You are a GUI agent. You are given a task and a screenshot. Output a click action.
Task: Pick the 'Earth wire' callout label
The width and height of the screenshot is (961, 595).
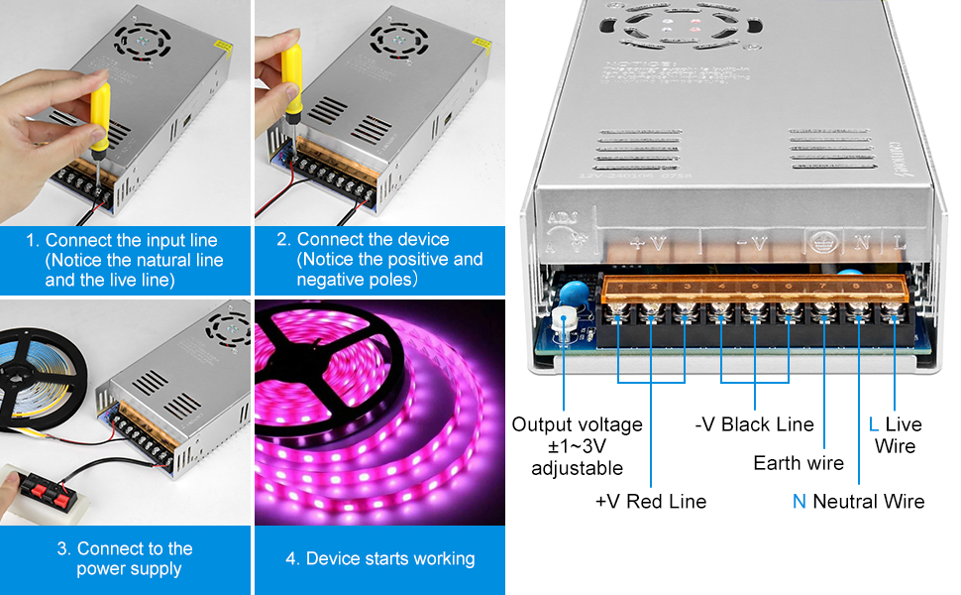tap(799, 463)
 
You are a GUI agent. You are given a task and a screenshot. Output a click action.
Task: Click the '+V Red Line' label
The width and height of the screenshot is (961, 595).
tap(651, 502)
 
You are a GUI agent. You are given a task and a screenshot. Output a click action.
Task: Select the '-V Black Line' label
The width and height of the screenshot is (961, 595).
tap(754, 424)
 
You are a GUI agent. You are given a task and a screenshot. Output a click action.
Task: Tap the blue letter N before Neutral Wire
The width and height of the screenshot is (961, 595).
tap(799, 502)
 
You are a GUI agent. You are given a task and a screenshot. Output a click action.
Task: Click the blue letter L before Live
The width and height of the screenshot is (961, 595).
tap(873, 424)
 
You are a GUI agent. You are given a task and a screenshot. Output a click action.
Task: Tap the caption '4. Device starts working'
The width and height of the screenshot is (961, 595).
tap(380, 558)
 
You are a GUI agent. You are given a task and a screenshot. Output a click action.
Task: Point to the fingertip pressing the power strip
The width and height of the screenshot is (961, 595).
tap(12, 488)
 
